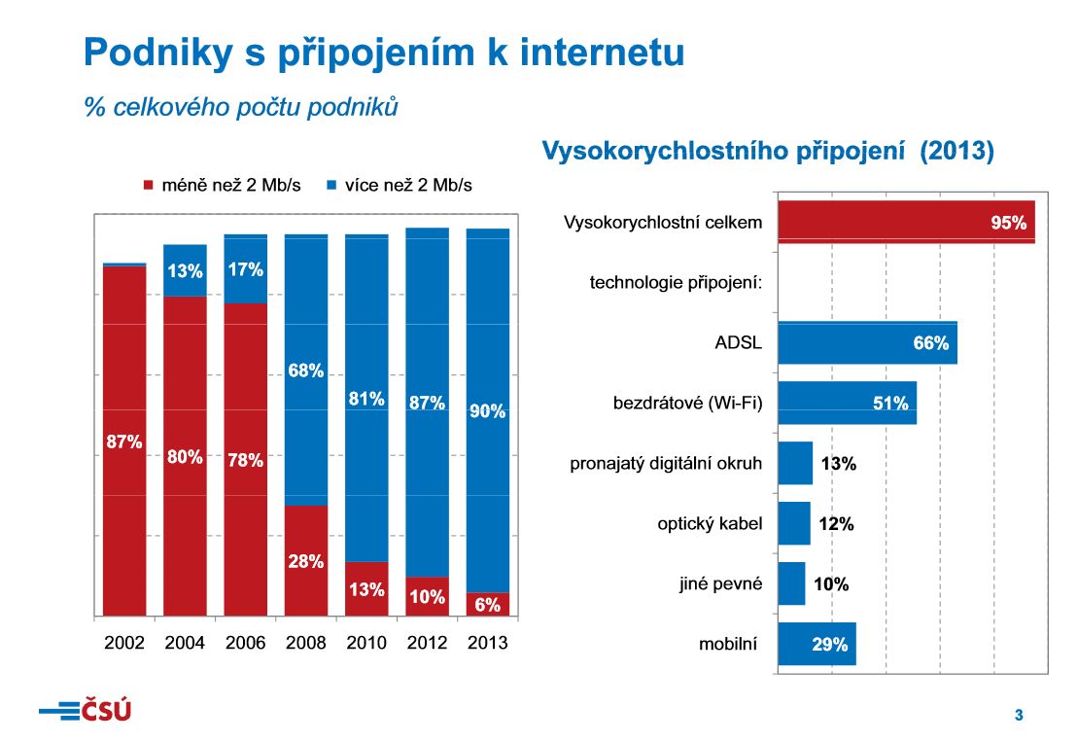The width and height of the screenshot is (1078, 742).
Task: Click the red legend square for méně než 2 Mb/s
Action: (149, 185)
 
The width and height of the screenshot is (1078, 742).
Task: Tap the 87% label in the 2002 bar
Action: (123, 442)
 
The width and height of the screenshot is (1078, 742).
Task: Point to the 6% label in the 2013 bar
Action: (487, 605)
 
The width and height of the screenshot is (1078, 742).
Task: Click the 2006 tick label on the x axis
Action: (245, 644)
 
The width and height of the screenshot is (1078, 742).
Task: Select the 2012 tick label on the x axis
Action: (427, 644)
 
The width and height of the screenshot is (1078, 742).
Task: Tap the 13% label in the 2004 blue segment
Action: (185, 272)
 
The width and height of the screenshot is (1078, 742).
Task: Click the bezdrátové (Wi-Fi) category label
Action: (687, 403)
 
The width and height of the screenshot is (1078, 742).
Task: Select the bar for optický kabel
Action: (794, 523)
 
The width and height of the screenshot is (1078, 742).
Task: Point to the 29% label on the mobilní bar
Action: (830, 644)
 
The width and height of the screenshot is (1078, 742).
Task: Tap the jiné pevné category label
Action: (720, 584)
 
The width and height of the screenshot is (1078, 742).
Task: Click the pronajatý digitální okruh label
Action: (666, 464)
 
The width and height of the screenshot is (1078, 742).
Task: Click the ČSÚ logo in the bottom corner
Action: (86, 711)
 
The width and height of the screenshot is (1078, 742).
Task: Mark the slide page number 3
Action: (1019, 716)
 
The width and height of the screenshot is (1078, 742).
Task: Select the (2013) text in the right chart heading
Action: (957, 152)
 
